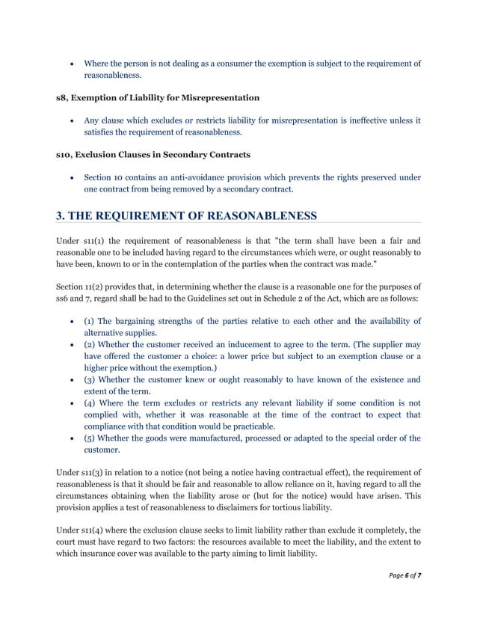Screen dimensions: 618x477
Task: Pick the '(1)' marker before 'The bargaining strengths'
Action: click(90, 322)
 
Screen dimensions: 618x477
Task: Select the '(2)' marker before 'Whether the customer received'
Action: click(90, 345)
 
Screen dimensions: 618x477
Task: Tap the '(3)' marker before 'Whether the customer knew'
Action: click(90, 380)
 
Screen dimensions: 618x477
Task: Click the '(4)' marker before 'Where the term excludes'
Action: click(90, 403)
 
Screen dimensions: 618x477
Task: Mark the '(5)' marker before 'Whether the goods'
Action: click(90, 438)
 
